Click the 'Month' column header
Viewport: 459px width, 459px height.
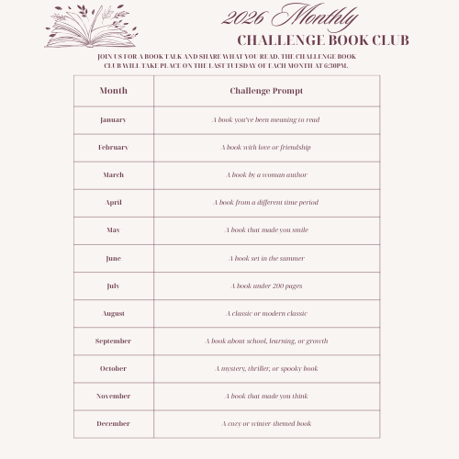[113, 91]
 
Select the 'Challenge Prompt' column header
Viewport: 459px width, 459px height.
[266, 91]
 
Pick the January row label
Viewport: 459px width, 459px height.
[113, 119]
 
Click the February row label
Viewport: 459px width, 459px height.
[113, 147]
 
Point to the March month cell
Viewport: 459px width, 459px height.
[113, 174]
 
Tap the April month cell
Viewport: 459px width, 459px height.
[113, 202]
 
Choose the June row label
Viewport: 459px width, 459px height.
[113, 258]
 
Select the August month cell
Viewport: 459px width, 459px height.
[113, 313]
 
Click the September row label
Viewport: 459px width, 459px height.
[113, 341]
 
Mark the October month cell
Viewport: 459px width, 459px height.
[113, 368]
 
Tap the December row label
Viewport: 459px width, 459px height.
[113, 423]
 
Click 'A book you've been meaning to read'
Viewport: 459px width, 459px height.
[266, 119]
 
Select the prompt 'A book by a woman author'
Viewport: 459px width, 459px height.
[266, 174]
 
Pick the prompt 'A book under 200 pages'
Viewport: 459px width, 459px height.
[266, 285]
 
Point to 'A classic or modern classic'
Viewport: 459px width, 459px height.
[266, 313]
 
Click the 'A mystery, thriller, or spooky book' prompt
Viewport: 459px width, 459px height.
[266, 368]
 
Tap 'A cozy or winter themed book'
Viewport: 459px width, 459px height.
[266, 423]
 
